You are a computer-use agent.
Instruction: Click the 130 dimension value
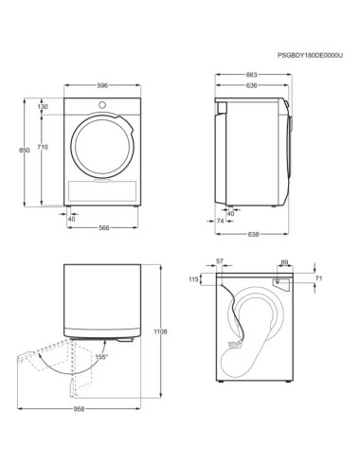pos(43,106)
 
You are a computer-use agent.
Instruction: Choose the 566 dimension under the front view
pos(104,227)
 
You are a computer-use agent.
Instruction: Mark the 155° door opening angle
pos(101,356)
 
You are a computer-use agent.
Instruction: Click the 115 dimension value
pos(194,279)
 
